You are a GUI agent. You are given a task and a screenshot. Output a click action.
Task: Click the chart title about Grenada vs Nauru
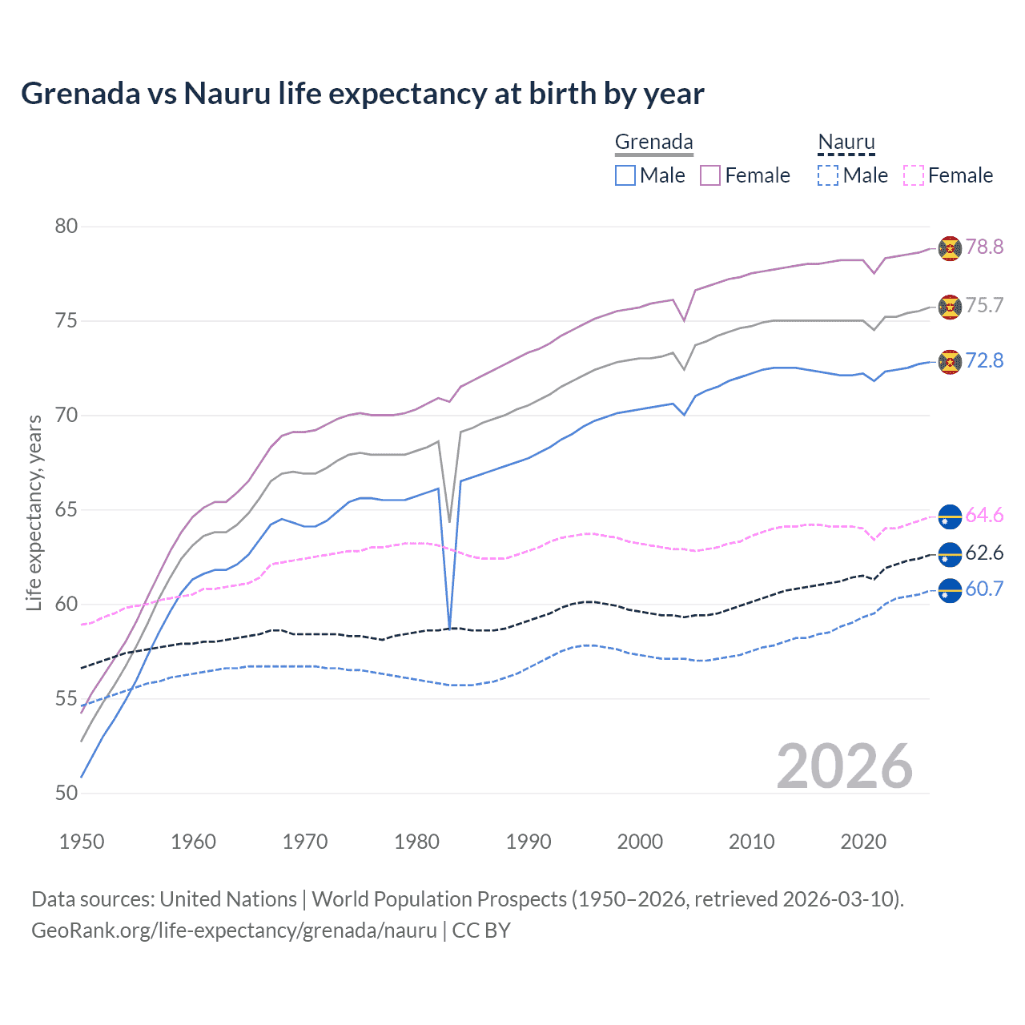pyautogui.click(x=362, y=94)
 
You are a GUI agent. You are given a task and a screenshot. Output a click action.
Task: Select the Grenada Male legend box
pyautogui.click(x=625, y=175)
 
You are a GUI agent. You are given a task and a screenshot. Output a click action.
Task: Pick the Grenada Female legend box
pyautogui.click(x=710, y=175)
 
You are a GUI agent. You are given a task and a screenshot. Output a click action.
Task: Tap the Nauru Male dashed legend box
pyautogui.click(x=828, y=175)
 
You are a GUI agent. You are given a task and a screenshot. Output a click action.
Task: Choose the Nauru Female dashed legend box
pyautogui.click(x=914, y=175)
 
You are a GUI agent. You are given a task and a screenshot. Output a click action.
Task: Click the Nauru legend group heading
pyautogui.click(x=846, y=143)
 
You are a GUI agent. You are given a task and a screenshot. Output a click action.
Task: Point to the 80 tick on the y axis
pyautogui.click(x=66, y=227)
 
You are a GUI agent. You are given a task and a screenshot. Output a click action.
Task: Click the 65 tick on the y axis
pyautogui.click(x=66, y=510)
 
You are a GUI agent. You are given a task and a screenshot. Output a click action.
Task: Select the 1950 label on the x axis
pyautogui.click(x=82, y=842)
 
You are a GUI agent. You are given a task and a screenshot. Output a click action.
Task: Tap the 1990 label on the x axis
pyautogui.click(x=529, y=842)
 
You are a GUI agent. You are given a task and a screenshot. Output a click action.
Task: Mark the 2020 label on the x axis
pyautogui.click(x=863, y=842)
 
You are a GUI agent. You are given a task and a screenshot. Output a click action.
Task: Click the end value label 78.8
pyautogui.click(x=984, y=247)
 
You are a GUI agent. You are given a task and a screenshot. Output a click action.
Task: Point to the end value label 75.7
pyautogui.click(x=984, y=306)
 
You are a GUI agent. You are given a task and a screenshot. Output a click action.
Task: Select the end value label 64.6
pyautogui.click(x=984, y=516)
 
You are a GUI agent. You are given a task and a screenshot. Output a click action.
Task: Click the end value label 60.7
pyautogui.click(x=984, y=589)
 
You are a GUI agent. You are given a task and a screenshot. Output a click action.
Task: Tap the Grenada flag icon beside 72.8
pyautogui.click(x=950, y=362)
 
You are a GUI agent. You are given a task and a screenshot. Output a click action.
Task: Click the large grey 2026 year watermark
pyautogui.click(x=844, y=767)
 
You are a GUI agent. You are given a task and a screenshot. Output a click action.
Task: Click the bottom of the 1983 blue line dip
pyautogui.click(x=450, y=627)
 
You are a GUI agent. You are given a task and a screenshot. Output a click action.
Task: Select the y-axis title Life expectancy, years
pyautogui.click(x=34, y=512)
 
